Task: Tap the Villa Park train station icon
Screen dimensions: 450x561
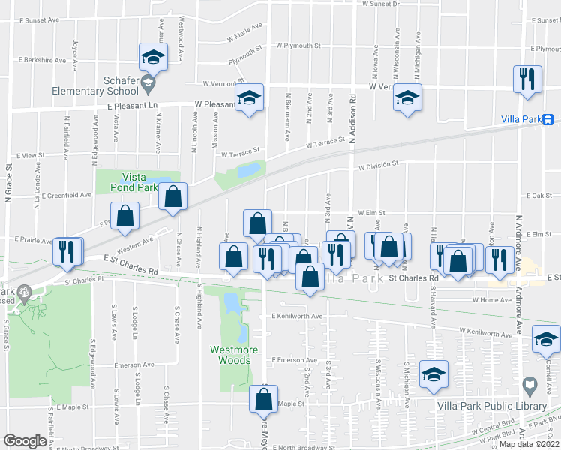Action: tap(548, 119)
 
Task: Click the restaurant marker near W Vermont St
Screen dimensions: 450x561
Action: tap(526, 77)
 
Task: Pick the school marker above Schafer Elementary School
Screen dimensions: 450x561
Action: tap(153, 56)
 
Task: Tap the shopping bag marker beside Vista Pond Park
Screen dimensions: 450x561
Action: tap(173, 197)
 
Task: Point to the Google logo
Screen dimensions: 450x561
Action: tap(25, 441)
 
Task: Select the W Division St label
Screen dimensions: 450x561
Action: tap(377, 166)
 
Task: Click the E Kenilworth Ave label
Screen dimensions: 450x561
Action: tap(297, 316)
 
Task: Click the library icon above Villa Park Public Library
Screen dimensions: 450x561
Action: tap(530, 387)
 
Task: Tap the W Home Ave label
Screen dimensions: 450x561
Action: tap(491, 299)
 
